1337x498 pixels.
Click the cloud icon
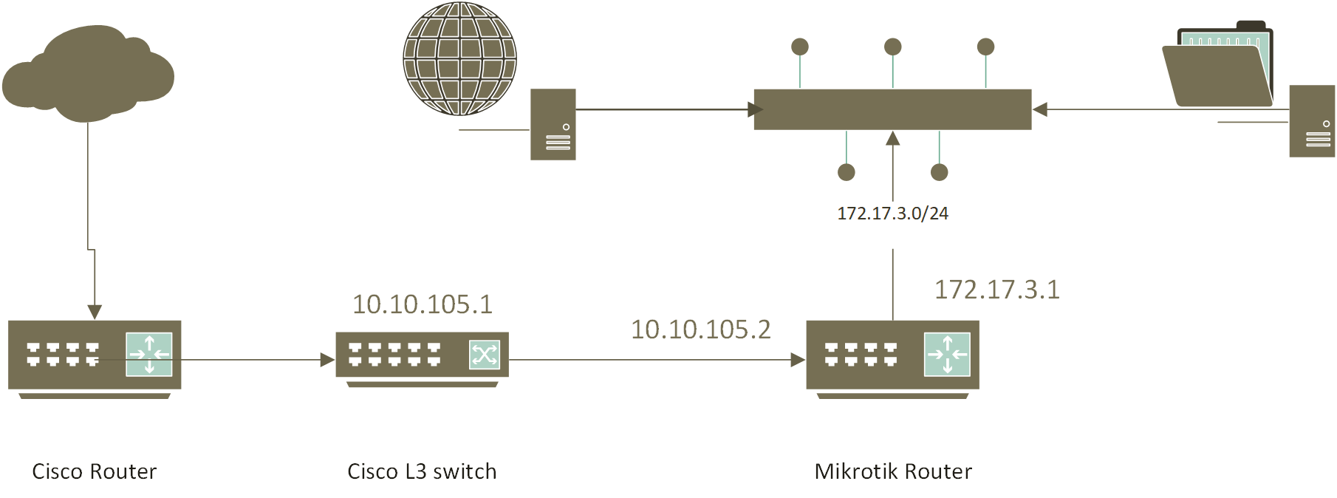pyautogui.click(x=88, y=73)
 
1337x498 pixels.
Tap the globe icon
pyautogui.click(x=459, y=59)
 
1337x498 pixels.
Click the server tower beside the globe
pyautogui.click(x=553, y=124)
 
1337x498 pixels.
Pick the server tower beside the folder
pyautogui.click(x=1312, y=121)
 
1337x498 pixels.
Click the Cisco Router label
pyautogui.click(x=95, y=471)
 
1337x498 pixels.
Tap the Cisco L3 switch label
pyautogui.click(x=422, y=471)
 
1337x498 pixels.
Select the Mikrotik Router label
pyautogui.click(x=893, y=471)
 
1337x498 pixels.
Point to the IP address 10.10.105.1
pyautogui.click(x=423, y=304)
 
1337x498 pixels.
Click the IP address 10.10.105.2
pyautogui.click(x=701, y=330)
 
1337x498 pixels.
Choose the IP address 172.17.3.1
pyautogui.click(x=997, y=290)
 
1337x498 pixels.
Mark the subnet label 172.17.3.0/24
pyautogui.click(x=893, y=214)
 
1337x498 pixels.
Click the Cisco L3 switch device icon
pyautogui.click(x=423, y=359)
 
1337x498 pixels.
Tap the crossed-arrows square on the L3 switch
pyautogui.click(x=485, y=355)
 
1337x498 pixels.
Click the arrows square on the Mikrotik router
pyautogui.click(x=948, y=355)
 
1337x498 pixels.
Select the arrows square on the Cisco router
pyautogui.click(x=149, y=355)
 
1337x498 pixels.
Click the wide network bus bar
pyautogui.click(x=892, y=109)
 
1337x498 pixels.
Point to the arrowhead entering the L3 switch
pyautogui.click(x=328, y=360)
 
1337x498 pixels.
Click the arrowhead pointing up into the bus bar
pyautogui.click(x=893, y=138)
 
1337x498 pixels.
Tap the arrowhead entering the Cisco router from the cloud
pyautogui.click(x=95, y=313)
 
